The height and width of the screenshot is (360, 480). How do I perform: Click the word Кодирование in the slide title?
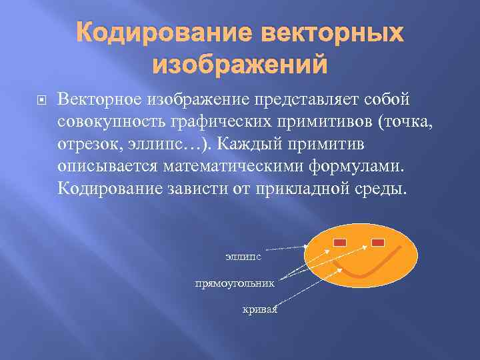click(x=158, y=33)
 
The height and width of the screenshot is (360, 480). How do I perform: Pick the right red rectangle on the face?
click(x=379, y=241)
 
